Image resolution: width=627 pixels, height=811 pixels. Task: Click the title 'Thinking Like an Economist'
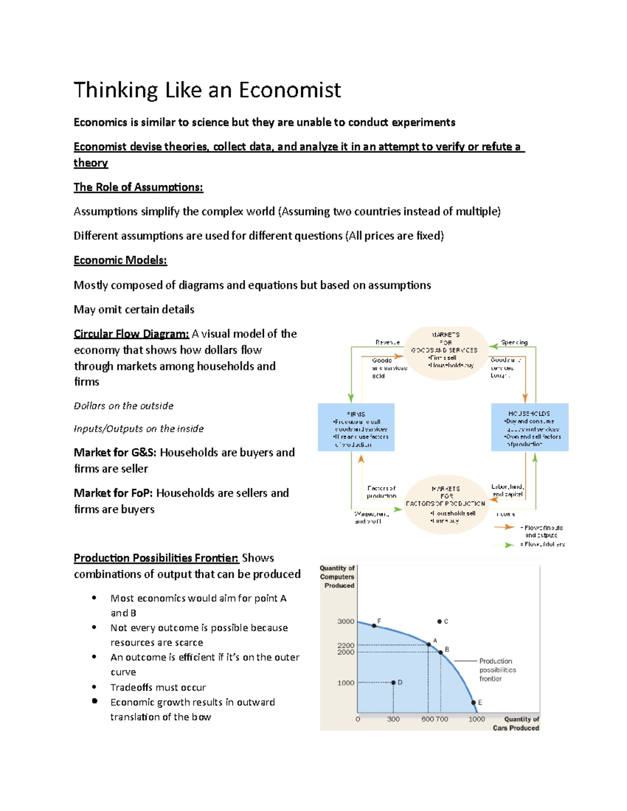(x=207, y=90)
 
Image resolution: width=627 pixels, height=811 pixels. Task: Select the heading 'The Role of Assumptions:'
(x=138, y=187)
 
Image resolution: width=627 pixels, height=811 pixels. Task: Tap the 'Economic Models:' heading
(x=120, y=260)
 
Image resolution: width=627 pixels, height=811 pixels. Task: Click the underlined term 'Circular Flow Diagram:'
(x=131, y=334)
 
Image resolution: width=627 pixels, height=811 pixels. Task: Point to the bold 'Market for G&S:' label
(x=115, y=452)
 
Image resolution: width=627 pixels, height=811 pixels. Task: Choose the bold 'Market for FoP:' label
(x=113, y=493)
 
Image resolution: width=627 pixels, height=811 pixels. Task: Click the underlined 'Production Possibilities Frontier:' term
(x=156, y=558)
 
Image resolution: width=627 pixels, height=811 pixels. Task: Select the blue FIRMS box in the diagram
(x=356, y=427)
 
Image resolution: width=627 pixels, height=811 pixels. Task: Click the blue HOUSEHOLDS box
(x=529, y=427)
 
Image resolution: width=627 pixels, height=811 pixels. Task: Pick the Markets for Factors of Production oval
(x=445, y=504)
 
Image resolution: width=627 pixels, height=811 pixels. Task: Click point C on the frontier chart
(x=439, y=621)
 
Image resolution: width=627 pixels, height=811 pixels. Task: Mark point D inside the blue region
(x=393, y=683)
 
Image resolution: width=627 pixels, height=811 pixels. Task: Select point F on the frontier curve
(x=374, y=626)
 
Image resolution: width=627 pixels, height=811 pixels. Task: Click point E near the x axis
(x=473, y=703)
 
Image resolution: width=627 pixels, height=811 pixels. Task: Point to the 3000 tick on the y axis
(x=345, y=621)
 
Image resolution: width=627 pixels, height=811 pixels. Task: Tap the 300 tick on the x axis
(x=393, y=719)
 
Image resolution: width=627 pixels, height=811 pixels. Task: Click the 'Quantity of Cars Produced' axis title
(x=516, y=723)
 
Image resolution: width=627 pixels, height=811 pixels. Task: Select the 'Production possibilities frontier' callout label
(x=497, y=670)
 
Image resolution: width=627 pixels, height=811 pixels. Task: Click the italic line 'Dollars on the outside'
(x=123, y=406)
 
